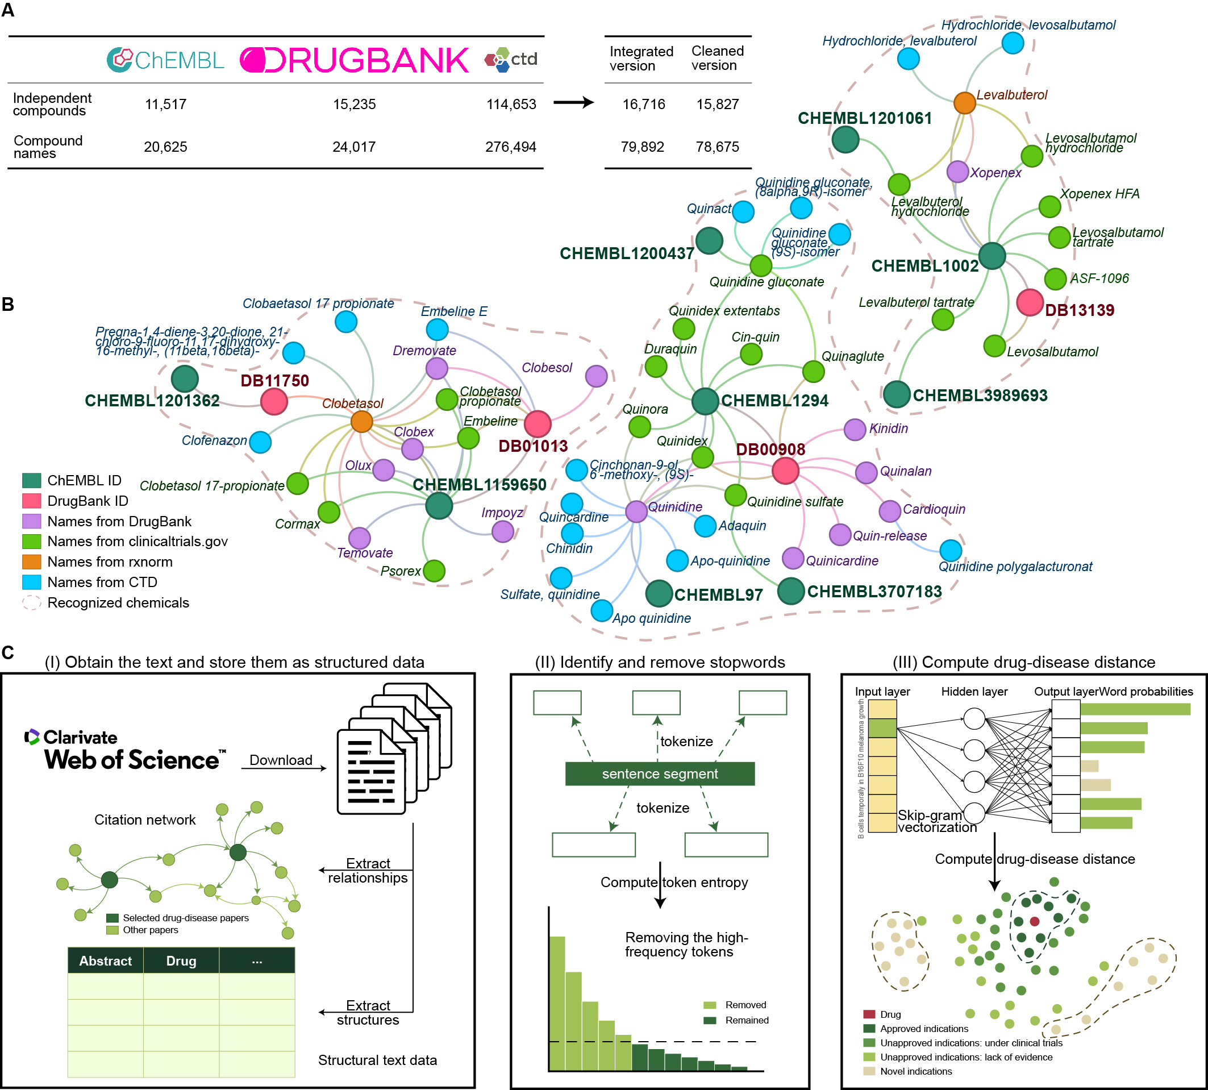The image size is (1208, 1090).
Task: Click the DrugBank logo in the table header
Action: click(354, 60)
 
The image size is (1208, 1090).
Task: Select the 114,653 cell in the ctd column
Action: click(511, 104)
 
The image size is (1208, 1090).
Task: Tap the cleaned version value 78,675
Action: click(717, 147)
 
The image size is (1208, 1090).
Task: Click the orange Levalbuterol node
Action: click(964, 103)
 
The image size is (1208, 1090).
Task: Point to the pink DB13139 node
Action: click(1030, 302)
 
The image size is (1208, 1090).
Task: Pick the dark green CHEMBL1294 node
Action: click(705, 401)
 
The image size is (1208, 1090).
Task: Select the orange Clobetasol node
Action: click(361, 422)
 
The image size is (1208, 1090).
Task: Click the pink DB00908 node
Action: click(785, 471)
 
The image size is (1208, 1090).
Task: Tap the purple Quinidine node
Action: click(636, 511)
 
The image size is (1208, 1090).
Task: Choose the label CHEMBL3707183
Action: click(874, 592)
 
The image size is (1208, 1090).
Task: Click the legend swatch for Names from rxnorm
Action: click(31, 562)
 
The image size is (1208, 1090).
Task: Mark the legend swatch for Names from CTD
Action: click(31, 582)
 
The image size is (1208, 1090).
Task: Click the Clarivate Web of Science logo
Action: click(126, 750)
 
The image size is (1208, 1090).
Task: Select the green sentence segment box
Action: click(659, 774)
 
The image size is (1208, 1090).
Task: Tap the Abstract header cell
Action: click(106, 960)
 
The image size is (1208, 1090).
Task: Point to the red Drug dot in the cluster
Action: click(1034, 921)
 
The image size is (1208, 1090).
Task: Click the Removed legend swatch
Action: click(710, 1005)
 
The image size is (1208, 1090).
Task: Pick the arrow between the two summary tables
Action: click(573, 102)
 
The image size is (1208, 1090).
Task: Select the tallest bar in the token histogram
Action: click(557, 1002)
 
